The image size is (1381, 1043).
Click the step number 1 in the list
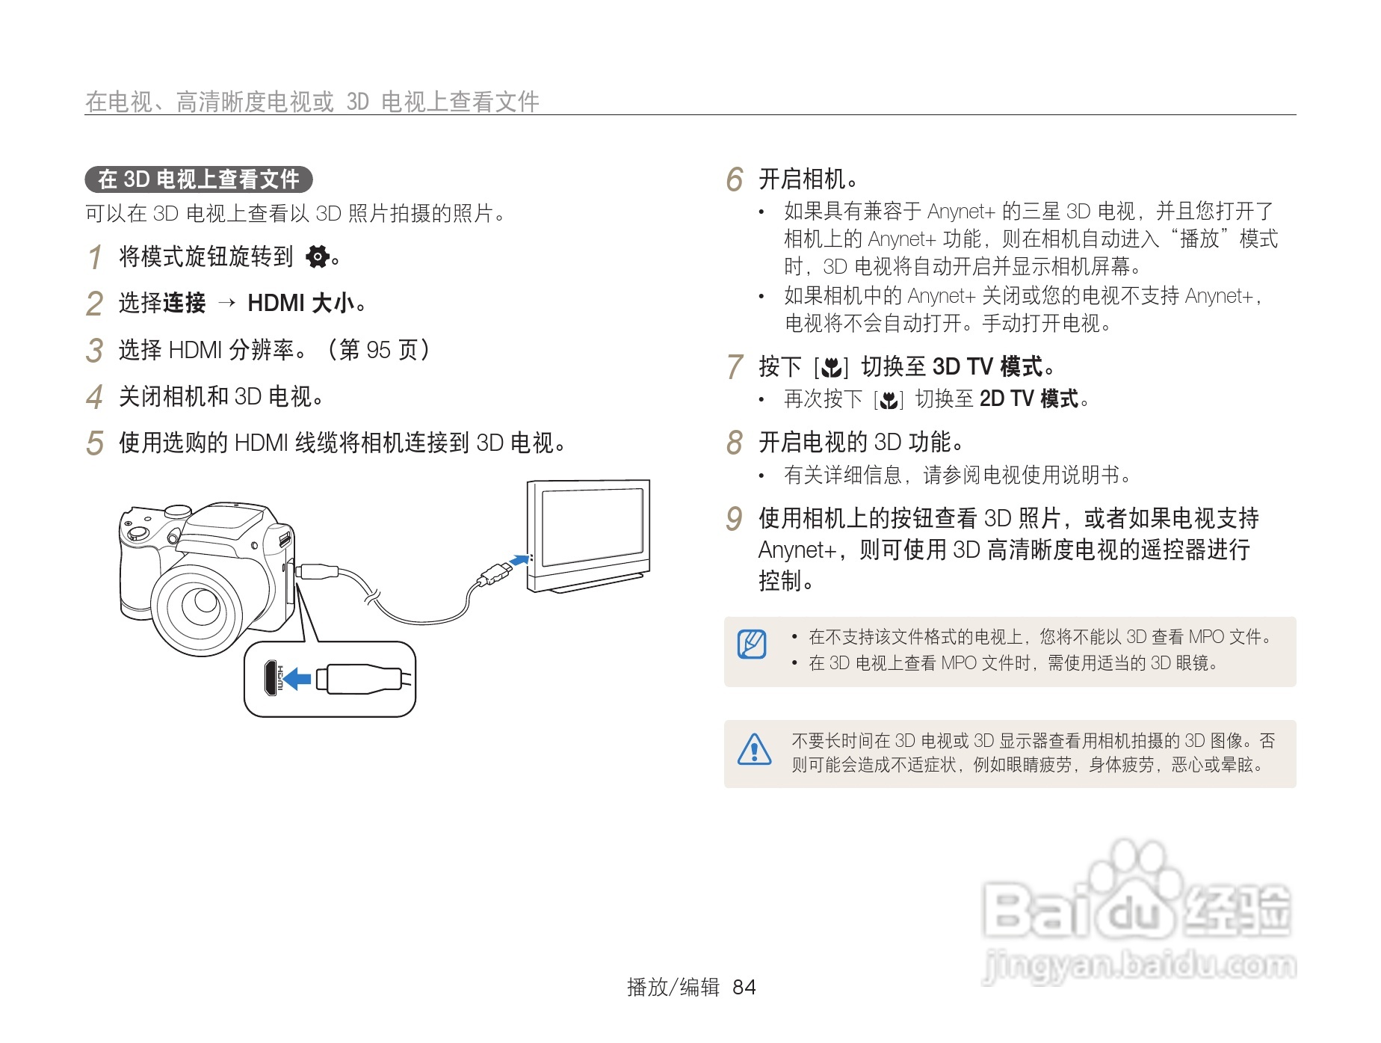click(95, 257)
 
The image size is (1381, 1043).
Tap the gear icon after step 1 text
click(318, 256)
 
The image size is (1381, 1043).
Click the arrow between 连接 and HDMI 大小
click(226, 303)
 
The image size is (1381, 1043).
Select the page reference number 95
click(378, 350)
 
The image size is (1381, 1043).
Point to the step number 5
click(94, 443)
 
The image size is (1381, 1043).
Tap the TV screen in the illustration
click(592, 526)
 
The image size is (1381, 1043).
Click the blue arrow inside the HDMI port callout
click(297, 679)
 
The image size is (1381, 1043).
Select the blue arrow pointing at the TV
click(518, 559)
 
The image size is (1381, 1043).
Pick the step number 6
click(735, 179)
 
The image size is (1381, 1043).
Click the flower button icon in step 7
click(831, 368)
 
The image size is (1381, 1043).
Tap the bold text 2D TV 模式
click(1028, 399)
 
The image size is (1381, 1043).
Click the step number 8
click(735, 443)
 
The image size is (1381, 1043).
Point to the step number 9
click(735, 519)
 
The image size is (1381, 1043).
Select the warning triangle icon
click(754, 750)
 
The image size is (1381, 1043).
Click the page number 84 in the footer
click(744, 988)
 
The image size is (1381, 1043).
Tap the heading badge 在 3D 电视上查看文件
click(199, 179)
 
